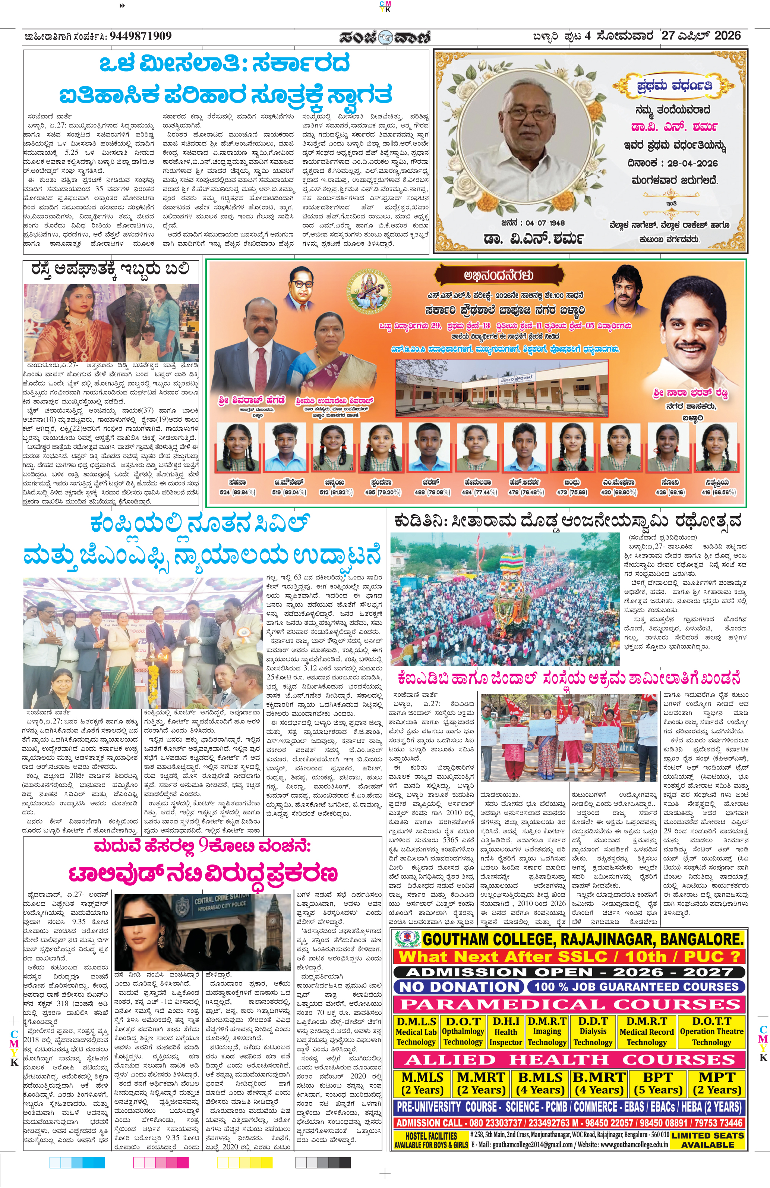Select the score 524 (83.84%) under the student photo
pos(237,492)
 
